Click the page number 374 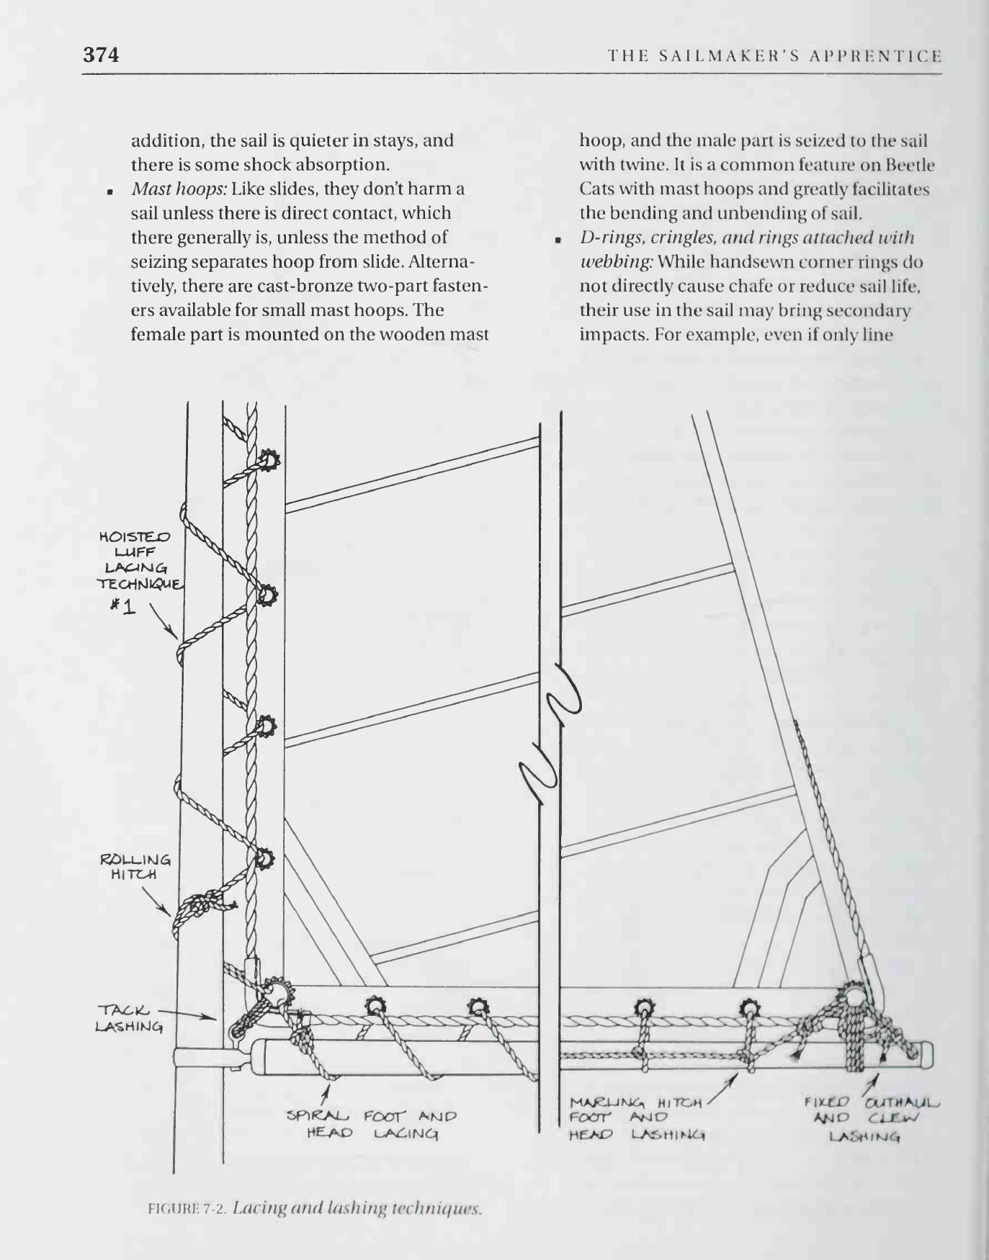pos(101,55)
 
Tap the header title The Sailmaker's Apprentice pos(774,56)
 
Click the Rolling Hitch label pos(135,867)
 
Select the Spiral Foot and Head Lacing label pos(372,1125)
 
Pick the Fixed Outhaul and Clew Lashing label pos(872,1119)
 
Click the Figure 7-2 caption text pos(314,1207)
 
